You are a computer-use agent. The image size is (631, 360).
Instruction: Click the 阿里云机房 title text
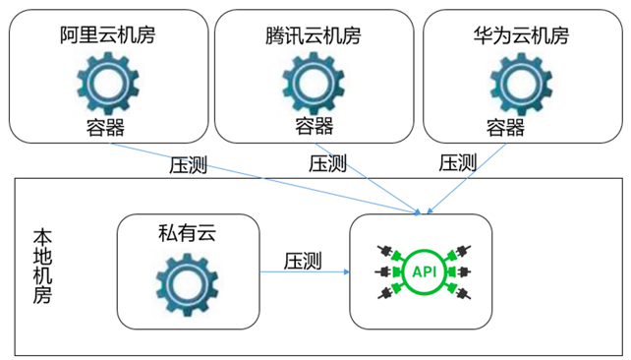(107, 36)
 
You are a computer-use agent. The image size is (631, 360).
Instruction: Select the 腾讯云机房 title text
(314, 36)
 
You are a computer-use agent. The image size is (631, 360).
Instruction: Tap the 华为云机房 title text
(520, 36)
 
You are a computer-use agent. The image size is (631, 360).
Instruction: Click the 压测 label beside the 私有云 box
(303, 262)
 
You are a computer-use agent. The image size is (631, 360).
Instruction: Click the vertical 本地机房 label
(42, 266)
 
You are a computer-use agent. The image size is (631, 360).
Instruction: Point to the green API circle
(422, 270)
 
